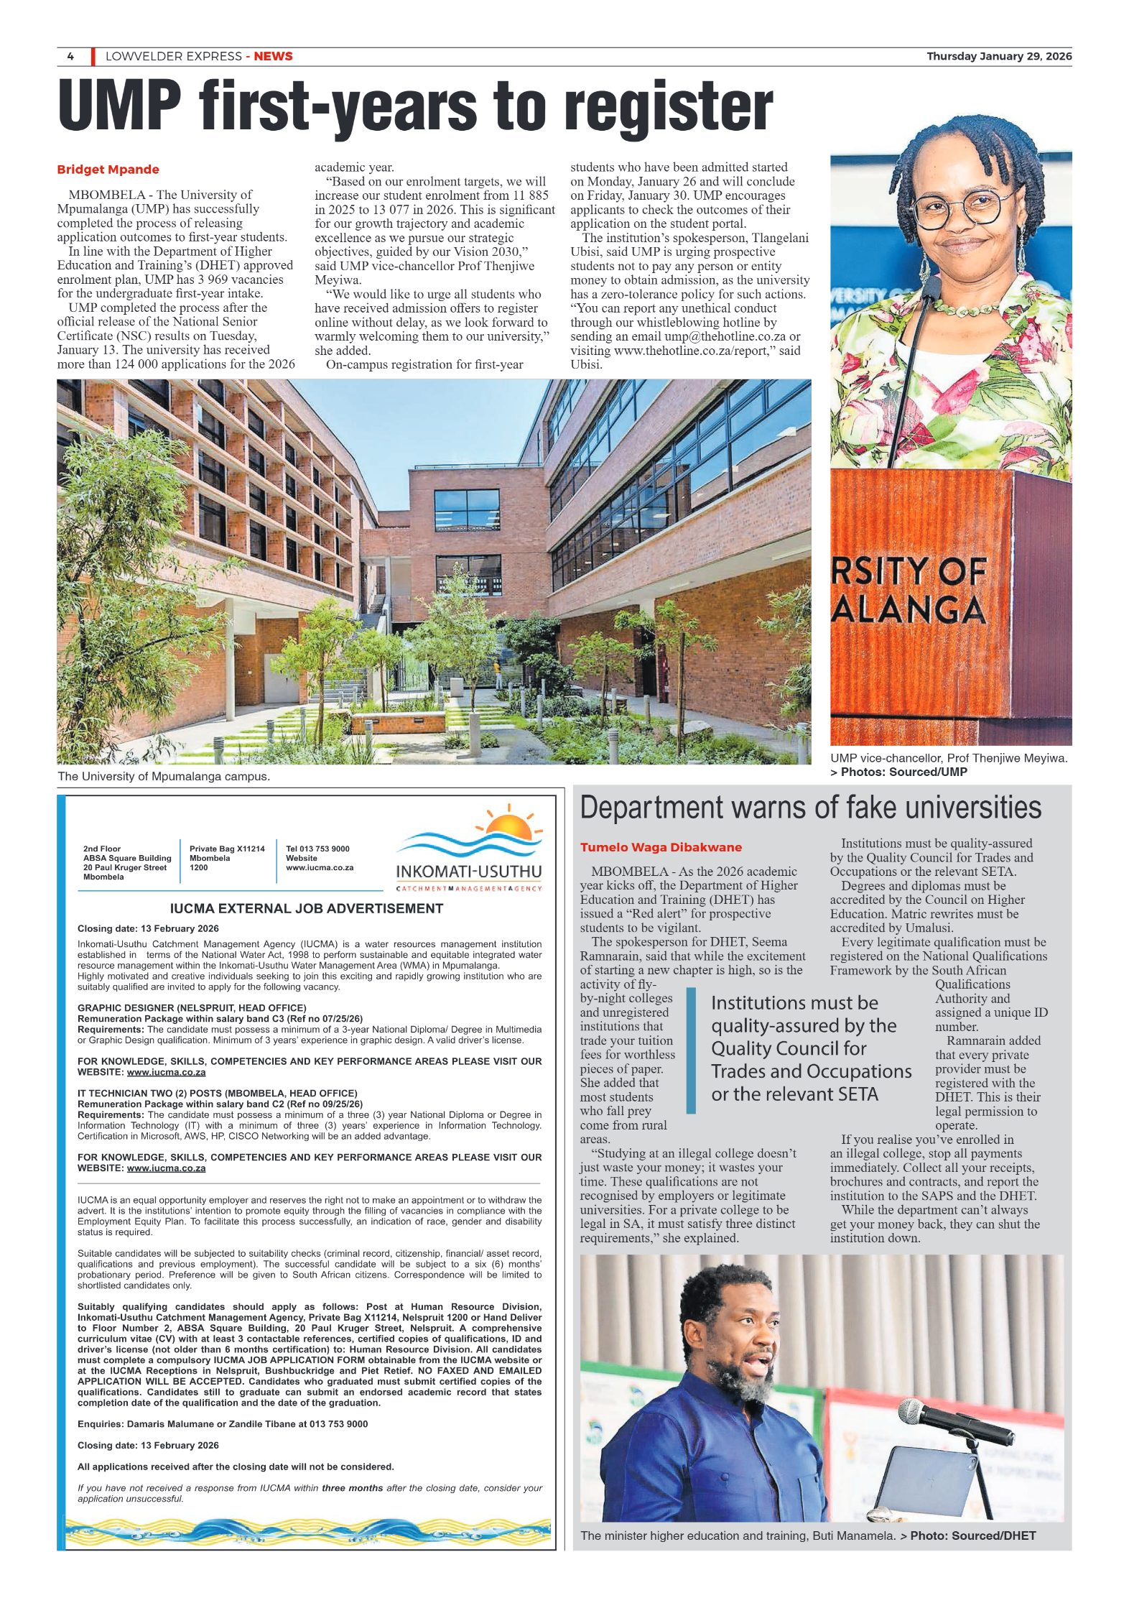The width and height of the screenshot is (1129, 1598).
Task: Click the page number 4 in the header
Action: [x=70, y=56]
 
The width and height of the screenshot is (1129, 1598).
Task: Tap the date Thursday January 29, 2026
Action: [x=998, y=56]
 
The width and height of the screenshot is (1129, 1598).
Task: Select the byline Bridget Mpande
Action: [x=108, y=170]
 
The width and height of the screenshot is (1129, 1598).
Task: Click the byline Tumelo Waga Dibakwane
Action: [x=660, y=847]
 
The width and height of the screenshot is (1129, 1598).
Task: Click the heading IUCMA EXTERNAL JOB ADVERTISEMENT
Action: [x=307, y=908]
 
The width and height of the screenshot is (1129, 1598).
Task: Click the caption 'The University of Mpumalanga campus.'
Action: [x=164, y=776]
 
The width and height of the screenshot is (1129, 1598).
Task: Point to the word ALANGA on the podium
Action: [x=908, y=610]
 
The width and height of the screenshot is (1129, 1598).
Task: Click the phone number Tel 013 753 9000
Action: [x=317, y=849]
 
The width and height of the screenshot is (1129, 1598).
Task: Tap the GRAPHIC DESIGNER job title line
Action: [x=192, y=1007]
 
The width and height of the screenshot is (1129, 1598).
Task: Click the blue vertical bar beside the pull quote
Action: [x=691, y=1050]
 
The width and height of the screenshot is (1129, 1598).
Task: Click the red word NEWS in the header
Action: [x=273, y=56]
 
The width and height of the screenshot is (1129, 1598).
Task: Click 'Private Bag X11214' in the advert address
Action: [x=227, y=849]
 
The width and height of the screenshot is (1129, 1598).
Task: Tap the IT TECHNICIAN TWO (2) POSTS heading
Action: [x=217, y=1093]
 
